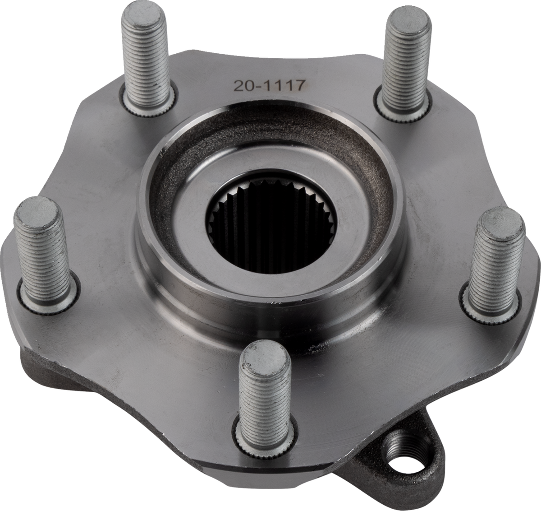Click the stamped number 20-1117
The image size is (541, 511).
tap(269, 86)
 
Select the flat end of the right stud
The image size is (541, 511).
tap(503, 221)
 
